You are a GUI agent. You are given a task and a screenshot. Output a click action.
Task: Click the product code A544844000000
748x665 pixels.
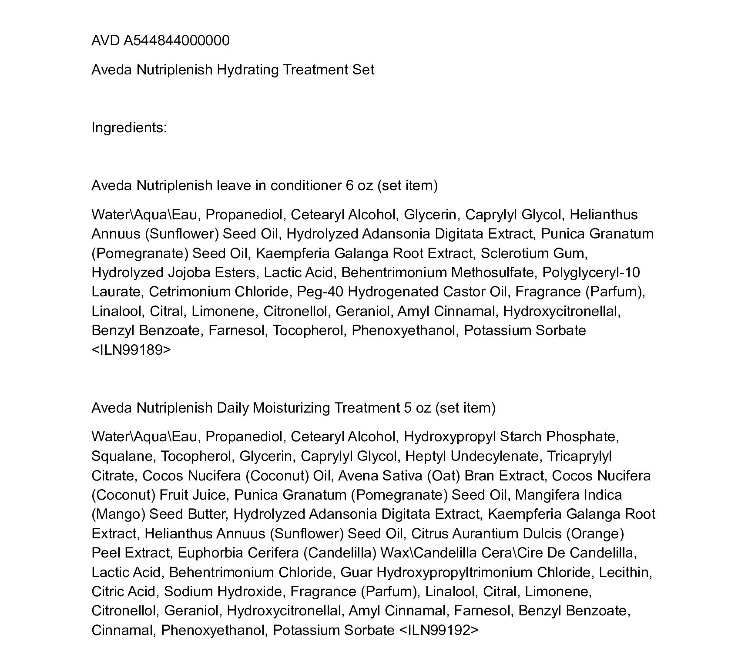[177, 40]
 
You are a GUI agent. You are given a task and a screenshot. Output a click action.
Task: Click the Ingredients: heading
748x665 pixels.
[129, 128]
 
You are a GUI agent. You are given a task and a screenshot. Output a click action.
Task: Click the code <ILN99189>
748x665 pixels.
[131, 350]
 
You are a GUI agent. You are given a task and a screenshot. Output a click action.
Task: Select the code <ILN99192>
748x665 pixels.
[438, 630]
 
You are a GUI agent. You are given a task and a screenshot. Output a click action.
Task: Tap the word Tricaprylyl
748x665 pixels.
[579, 456]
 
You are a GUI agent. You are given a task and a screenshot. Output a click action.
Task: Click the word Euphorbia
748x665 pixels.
[207, 553]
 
